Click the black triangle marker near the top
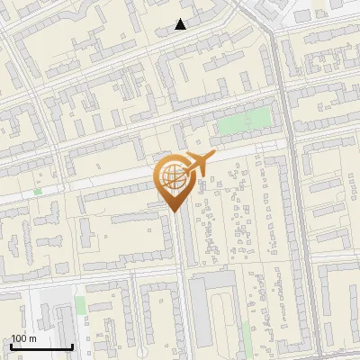(x=181, y=24)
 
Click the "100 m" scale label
(x=23, y=338)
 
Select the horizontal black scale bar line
(x=41, y=347)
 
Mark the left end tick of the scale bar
(x=11, y=346)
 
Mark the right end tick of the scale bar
(x=73, y=346)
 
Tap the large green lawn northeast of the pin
(x=245, y=121)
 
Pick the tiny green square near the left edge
(x=38, y=191)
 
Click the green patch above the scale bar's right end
(x=80, y=306)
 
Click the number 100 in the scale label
(x=19, y=338)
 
